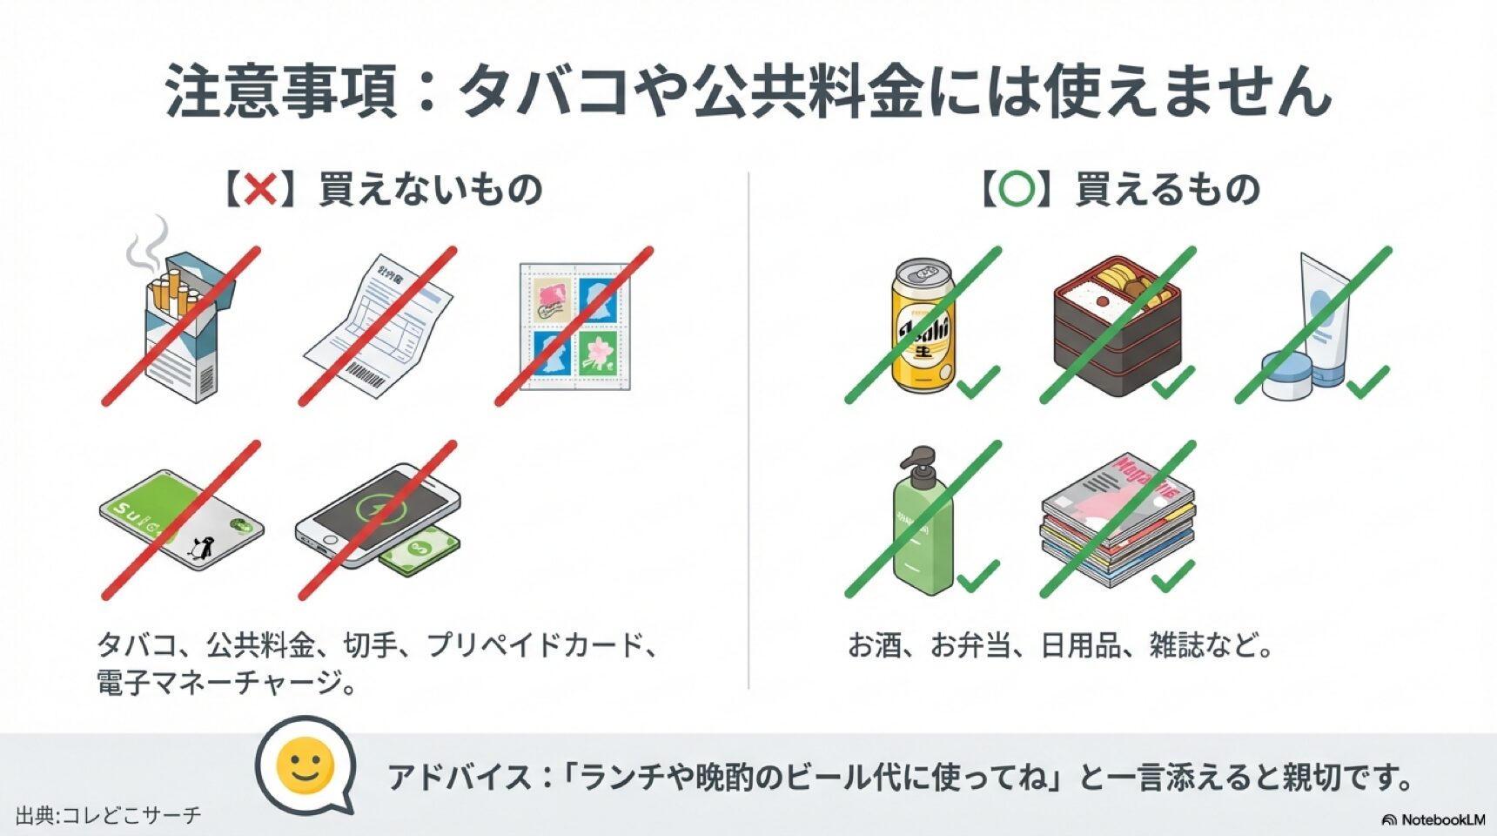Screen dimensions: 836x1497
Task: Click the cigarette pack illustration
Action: tap(183, 331)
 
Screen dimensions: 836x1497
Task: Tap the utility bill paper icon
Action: tap(379, 327)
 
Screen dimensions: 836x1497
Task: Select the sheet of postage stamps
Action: tap(574, 327)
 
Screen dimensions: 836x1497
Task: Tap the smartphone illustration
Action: tap(374, 514)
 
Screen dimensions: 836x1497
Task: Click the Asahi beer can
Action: tap(923, 327)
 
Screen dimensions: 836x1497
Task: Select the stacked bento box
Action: tap(1117, 327)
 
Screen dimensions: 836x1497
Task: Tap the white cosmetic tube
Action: tap(1323, 313)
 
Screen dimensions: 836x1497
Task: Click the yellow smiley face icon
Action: tap(305, 766)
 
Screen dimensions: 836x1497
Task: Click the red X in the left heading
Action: tap(260, 189)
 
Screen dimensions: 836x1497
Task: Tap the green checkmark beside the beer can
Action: tap(977, 381)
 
